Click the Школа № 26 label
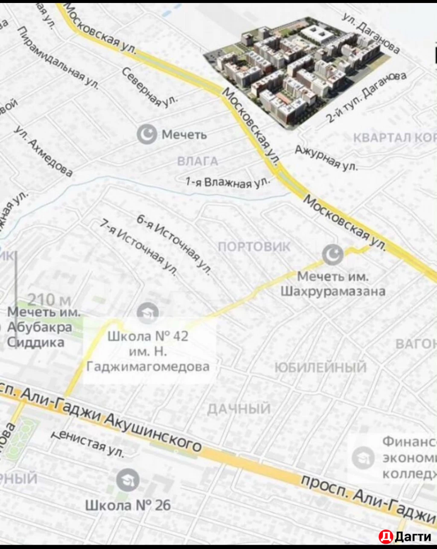(128, 505)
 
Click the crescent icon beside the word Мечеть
(146, 134)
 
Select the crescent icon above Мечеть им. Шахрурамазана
(333, 255)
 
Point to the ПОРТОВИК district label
(254, 247)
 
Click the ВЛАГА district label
(198, 161)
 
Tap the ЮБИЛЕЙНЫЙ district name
(320, 367)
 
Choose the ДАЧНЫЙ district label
(239, 409)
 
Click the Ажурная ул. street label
(326, 157)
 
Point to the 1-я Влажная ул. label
(227, 183)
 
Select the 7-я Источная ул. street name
(139, 247)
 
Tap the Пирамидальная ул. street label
(58, 58)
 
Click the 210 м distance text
(49, 300)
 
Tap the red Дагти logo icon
(385, 537)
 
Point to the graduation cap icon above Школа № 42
(148, 314)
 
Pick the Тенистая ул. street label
(87, 444)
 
